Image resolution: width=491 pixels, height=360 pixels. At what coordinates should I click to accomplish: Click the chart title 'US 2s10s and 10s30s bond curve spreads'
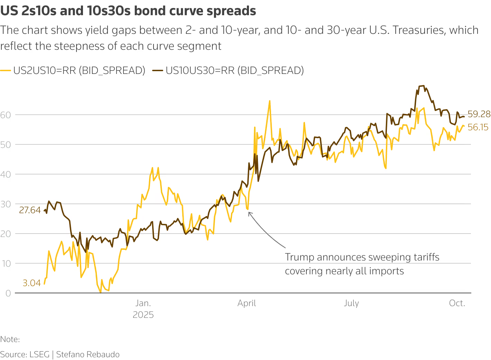point(128,11)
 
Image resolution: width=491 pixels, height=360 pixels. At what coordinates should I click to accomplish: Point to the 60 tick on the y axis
point(6,115)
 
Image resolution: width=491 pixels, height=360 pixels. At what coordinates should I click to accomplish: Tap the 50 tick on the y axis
point(6,145)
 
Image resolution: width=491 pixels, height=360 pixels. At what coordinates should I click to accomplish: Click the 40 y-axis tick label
point(6,174)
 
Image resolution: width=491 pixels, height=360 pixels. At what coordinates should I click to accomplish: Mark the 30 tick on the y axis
point(6,204)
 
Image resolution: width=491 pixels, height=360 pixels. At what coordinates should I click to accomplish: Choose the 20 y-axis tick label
point(6,234)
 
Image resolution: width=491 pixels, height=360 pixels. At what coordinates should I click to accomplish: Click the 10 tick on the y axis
point(6,264)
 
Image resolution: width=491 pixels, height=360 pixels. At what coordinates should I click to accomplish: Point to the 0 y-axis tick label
point(8,293)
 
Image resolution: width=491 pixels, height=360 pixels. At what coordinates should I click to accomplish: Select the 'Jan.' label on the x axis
point(143,303)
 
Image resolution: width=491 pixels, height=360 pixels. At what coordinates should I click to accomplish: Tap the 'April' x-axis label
point(247,303)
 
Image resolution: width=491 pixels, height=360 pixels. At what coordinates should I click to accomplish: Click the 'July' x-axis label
point(351,303)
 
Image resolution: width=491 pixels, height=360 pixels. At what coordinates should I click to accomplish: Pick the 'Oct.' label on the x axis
point(457,303)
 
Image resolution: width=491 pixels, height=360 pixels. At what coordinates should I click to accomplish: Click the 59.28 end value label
point(479,114)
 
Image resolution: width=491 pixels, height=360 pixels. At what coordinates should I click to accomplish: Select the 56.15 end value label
point(478,127)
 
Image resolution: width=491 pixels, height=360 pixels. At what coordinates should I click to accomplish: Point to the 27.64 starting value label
point(30,210)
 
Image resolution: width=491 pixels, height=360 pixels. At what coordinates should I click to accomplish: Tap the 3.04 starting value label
point(31,283)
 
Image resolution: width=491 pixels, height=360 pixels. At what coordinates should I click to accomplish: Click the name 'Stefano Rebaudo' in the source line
point(88,354)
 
